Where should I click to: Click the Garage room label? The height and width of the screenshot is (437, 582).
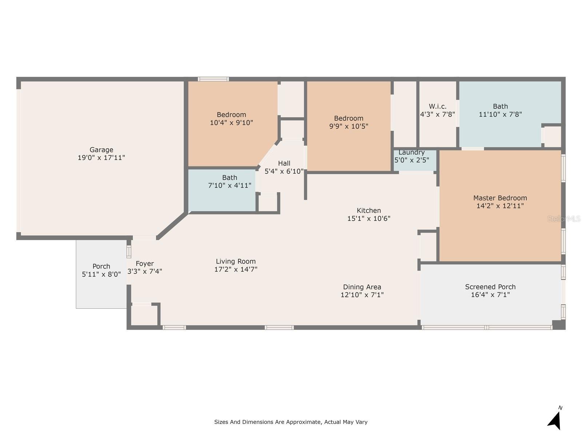(x=101, y=150)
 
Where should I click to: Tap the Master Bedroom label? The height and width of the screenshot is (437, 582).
(x=500, y=198)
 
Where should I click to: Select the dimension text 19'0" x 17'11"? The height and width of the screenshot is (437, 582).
(x=101, y=158)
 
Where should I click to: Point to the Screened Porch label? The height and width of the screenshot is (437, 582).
(x=490, y=287)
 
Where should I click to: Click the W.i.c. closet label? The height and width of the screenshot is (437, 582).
(x=438, y=106)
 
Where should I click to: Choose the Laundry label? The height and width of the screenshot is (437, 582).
(x=411, y=152)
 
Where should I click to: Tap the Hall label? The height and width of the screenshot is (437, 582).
(x=284, y=163)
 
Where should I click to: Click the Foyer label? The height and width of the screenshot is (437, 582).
(x=144, y=264)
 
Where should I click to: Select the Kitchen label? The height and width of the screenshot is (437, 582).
(x=368, y=210)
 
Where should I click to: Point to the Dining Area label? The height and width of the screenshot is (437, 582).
(x=362, y=287)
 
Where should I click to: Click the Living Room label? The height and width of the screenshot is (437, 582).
(x=235, y=261)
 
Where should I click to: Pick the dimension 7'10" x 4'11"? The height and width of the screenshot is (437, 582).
(x=230, y=185)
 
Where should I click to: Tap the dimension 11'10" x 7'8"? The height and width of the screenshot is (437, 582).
(x=500, y=114)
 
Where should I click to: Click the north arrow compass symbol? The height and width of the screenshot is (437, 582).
(x=555, y=420)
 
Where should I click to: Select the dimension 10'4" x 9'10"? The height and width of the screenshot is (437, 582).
(x=231, y=123)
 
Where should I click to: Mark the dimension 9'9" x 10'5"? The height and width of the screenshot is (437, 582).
(x=348, y=126)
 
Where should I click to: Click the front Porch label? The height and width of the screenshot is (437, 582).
(x=101, y=267)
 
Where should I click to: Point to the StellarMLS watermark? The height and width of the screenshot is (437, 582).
(x=564, y=219)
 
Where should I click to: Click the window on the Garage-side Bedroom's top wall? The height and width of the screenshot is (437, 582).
(x=213, y=79)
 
